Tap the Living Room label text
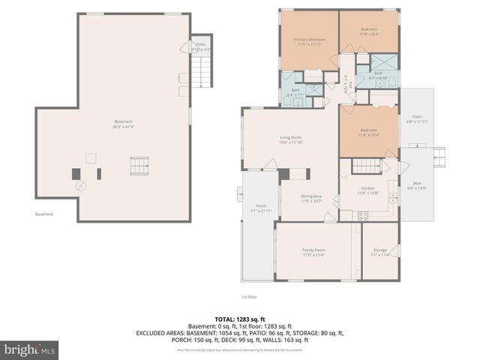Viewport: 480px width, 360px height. click(x=290, y=138)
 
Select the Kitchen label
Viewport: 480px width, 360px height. click(x=367, y=188)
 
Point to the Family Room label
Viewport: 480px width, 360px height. click(x=313, y=250)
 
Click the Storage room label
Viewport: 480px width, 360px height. click(x=379, y=250)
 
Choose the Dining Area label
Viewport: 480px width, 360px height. click(x=311, y=196)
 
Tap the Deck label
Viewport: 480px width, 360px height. click(x=416, y=184)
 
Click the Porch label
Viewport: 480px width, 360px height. click(x=261, y=206)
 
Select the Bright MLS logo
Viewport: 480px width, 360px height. click(x=30, y=349)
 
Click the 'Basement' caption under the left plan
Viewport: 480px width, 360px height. click(x=44, y=215)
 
